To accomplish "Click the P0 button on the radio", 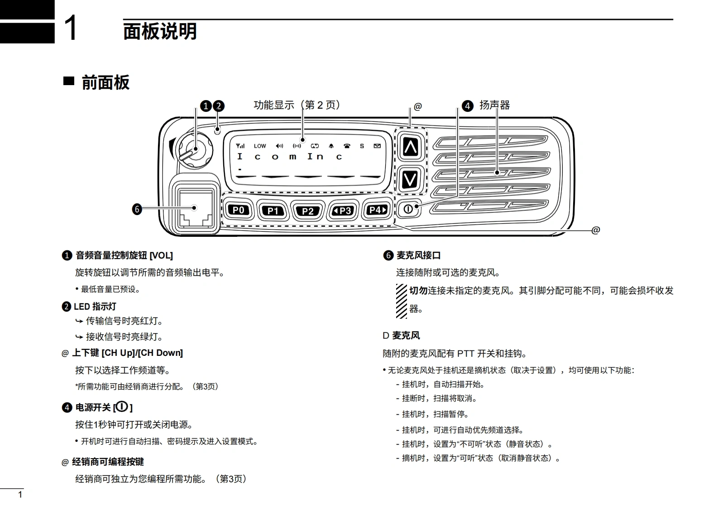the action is (x=238, y=210).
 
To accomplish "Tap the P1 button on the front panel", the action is (x=273, y=211).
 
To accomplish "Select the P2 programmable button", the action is (x=308, y=211).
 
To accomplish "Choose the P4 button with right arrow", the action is (x=378, y=210).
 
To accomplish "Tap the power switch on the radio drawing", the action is (x=408, y=209).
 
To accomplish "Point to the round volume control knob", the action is (x=195, y=149).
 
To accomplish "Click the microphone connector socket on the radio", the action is (x=195, y=208).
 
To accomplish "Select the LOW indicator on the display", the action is (x=260, y=146).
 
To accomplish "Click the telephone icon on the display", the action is (x=347, y=146).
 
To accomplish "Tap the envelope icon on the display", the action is (x=377, y=146).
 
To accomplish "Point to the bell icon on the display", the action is (x=331, y=146).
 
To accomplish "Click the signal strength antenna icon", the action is (x=240, y=146).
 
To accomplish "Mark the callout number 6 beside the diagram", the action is (x=137, y=209).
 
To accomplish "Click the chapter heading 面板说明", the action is (x=160, y=32).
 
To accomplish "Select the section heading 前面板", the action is (x=105, y=83).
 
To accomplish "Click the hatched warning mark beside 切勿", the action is (x=401, y=301).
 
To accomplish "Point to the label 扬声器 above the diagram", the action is (x=494, y=105).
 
